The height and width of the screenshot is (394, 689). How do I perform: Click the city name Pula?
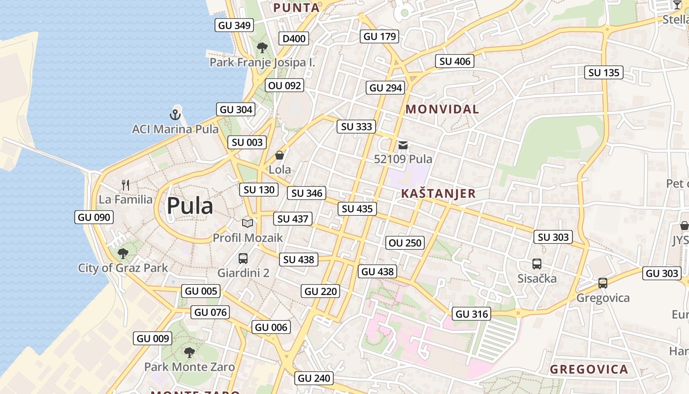(x=189, y=206)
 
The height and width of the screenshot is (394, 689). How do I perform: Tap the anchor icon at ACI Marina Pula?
(x=175, y=115)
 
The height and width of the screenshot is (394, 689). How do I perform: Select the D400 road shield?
(x=294, y=39)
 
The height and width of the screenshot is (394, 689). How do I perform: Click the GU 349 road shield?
(x=235, y=26)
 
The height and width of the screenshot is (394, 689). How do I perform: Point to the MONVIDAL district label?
(x=442, y=109)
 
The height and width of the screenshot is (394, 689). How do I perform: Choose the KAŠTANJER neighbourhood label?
(x=438, y=194)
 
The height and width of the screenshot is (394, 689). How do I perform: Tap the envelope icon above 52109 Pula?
(x=403, y=145)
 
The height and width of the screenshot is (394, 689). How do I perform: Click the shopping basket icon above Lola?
(x=280, y=156)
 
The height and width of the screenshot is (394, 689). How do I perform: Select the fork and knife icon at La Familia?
(x=125, y=185)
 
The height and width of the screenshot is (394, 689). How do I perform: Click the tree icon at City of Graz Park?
(x=123, y=254)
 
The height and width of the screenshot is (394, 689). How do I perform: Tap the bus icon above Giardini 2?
(x=243, y=258)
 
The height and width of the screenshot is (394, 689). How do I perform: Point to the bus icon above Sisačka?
(x=537, y=264)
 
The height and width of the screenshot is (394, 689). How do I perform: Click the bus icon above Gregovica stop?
(x=603, y=283)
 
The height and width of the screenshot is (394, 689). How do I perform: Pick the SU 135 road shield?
(x=604, y=73)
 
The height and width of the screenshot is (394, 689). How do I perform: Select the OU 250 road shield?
(x=405, y=243)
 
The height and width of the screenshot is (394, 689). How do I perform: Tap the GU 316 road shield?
(x=471, y=314)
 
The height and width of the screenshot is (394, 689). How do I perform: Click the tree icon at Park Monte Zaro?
(x=189, y=352)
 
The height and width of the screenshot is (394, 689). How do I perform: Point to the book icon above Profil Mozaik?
(x=248, y=223)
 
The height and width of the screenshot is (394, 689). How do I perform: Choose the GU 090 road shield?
(x=94, y=217)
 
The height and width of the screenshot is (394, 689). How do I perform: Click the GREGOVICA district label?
(x=589, y=369)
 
